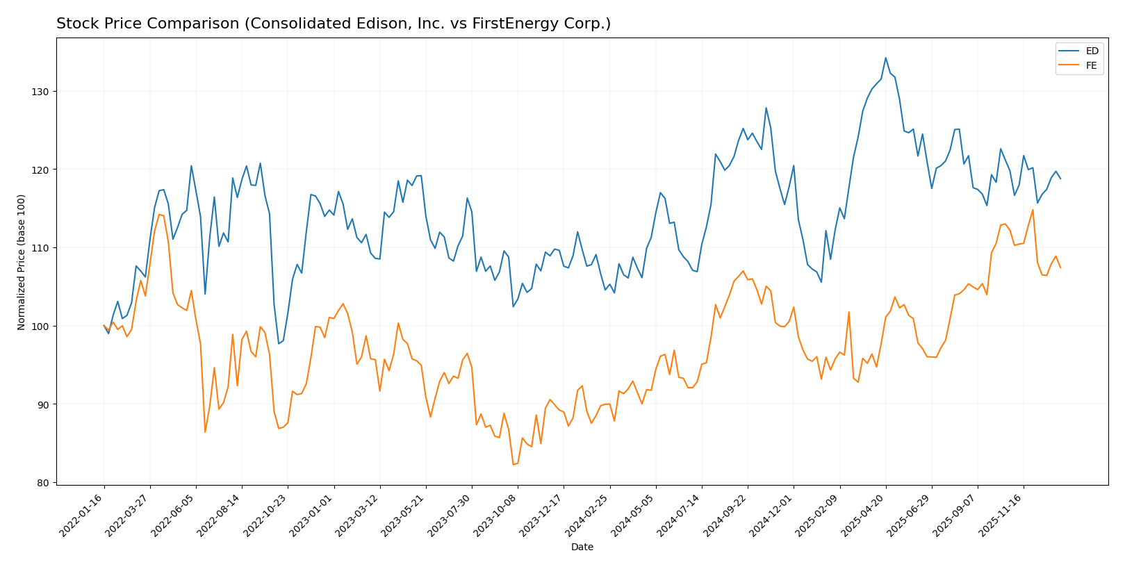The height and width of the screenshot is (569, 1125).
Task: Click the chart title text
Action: click(x=334, y=24)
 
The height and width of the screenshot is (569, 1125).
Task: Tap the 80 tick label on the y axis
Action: click(x=45, y=483)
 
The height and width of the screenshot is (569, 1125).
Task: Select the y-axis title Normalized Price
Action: click(x=22, y=262)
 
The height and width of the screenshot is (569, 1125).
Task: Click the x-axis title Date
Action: click(x=582, y=547)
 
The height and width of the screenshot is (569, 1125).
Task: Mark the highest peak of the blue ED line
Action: click(x=885, y=58)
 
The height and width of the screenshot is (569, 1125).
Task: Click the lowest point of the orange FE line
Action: click(x=513, y=464)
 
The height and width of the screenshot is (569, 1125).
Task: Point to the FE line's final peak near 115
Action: click(x=1033, y=210)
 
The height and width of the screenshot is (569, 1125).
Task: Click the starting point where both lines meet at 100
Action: click(x=104, y=326)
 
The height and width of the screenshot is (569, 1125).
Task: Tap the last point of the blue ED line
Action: click(x=1060, y=179)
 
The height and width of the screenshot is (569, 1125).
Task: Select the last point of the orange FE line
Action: click(x=1060, y=267)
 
